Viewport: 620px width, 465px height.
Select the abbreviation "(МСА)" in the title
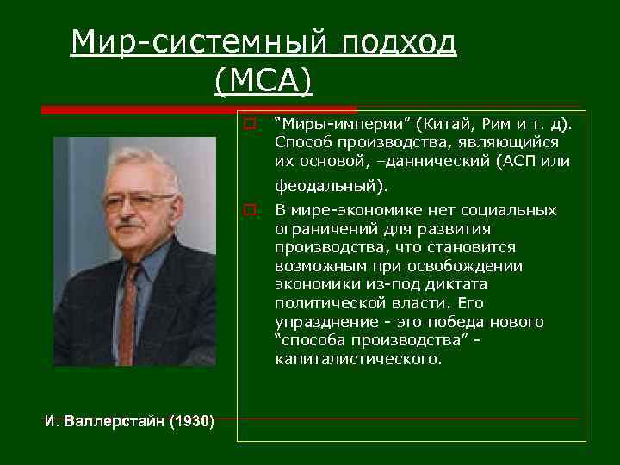coord(263,81)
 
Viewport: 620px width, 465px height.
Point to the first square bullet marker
coord(248,123)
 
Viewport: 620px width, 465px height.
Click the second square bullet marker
coord(248,209)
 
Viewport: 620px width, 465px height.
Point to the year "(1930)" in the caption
coord(191,421)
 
